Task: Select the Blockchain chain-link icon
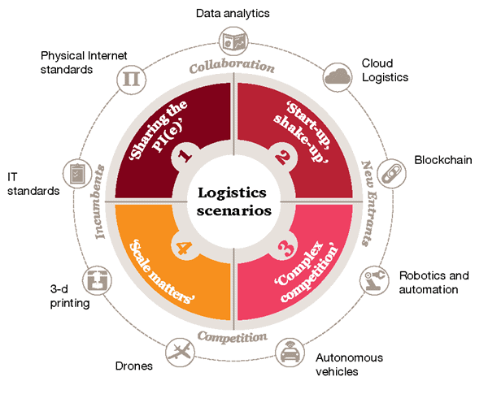(x=392, y=171)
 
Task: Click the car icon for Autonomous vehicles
(x=288, y=353)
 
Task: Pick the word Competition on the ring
(x=234, y=336)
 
